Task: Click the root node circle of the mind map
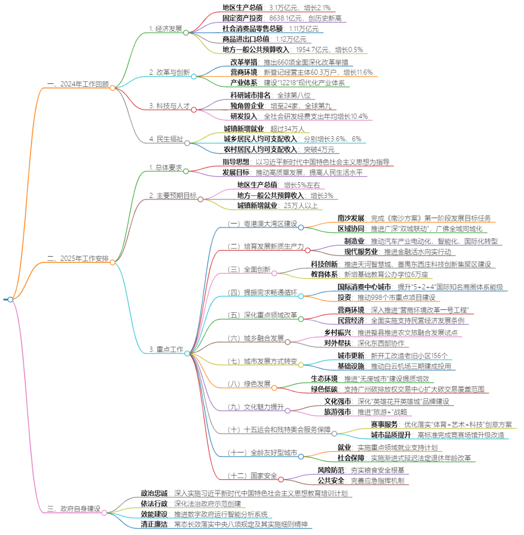(10, 299)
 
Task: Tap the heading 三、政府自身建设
(74, 509)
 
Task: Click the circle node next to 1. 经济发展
(186, 32)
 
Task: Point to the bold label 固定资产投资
(243, 18)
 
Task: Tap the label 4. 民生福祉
(165, 139)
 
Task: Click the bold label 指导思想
(236, 162)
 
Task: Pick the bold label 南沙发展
(351, 218)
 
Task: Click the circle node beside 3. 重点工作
(187, 354)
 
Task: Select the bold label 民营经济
(351, 320)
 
